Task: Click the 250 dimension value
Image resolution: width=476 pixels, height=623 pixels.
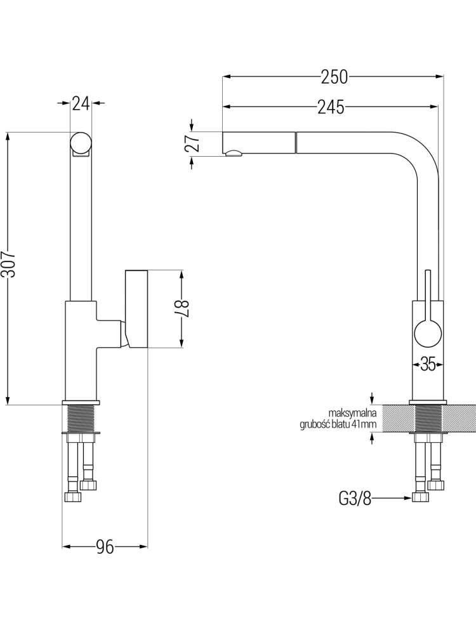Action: pyautogui.click(x=334, y=77)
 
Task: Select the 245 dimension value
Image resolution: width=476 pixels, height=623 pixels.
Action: pyautogui.click(x=331, y=107)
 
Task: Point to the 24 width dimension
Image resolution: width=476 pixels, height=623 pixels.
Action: pyautogui.click(x=81, y=103)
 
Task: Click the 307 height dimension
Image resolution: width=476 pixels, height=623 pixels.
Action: pyautogui.click(x=8, y=264)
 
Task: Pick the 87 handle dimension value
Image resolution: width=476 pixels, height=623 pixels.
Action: pyautogui.click(x=182, y=308)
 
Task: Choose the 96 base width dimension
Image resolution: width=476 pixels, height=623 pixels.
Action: pyautogui.click(x=105, y=547)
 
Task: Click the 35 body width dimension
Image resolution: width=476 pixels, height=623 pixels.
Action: pyautogui.click(x=428, y=364)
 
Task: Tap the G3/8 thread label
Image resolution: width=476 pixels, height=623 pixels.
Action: pyautogui.click(x=355, y=498)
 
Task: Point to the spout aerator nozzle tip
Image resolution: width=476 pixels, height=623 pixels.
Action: pyautogui.click(x=233, y=154)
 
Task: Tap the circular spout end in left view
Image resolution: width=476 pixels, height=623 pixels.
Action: pyautogui.click(x=81, y=142)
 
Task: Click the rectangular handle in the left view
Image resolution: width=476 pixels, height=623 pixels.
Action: pyautogui.click(x=136, y=309)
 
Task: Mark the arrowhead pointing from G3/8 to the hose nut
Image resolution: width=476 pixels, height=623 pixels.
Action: pyautogui.click(x=409, y=498)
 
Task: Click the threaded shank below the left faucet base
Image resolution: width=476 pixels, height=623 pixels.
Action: pyautogui.click(x=81, y=418)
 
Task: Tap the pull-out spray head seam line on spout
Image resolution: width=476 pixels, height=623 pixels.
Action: pyautogui.click(x=295, y=142)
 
